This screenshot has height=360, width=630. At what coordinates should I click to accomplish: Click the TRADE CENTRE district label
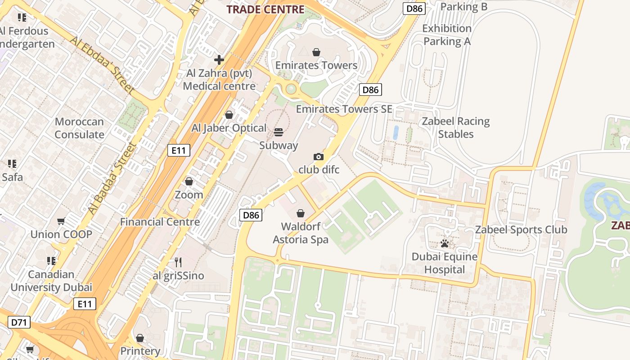(x=265, y=9)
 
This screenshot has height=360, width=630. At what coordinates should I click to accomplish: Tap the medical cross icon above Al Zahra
(x=219, y=59)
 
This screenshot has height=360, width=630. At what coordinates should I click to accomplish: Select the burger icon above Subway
(x=279, y=132)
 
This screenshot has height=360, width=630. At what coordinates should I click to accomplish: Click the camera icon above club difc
(x=319, y=157)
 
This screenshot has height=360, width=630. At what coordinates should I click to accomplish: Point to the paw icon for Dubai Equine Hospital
(x=445, y=243)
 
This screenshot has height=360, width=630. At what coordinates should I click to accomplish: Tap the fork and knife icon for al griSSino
(x=178, y=262)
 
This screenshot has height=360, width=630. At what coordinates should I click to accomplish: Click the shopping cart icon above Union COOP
(x=61, y=221)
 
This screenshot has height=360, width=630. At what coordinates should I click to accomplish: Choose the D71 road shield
(x=19, y=322)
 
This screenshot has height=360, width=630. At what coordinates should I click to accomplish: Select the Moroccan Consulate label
(x=79, y=128)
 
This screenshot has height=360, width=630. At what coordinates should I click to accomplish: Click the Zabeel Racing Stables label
(x=456, y=128)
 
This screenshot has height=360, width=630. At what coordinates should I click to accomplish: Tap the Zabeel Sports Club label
(x=521, y=229)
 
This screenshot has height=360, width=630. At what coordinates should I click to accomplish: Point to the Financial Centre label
(x=160, y=222)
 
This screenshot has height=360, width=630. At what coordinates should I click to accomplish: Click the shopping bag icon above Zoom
(x=189, y=181)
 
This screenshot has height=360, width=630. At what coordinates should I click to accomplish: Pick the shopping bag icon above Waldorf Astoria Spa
(x=300, y=213)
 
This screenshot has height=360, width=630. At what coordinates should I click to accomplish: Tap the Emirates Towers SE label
(x=344, y=109)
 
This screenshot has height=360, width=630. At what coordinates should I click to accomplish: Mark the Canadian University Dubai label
(x=51, y=281)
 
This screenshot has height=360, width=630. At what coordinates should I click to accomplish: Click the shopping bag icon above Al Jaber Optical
(x=229, y=115)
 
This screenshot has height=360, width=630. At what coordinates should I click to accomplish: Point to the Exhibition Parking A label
(x=446, y=35)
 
